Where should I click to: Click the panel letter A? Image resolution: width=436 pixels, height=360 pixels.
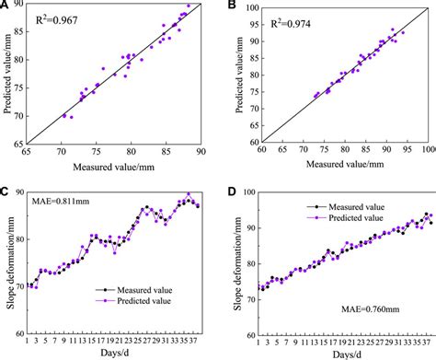[6, 6]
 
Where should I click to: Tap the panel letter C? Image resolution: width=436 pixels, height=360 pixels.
[6, 192]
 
